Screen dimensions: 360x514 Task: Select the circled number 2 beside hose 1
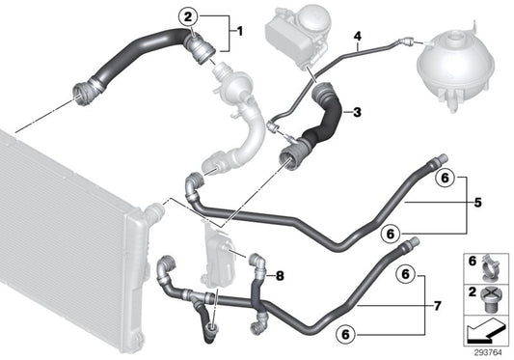pos(188,15)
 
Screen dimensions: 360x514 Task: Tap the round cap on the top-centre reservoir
pos(314,16)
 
